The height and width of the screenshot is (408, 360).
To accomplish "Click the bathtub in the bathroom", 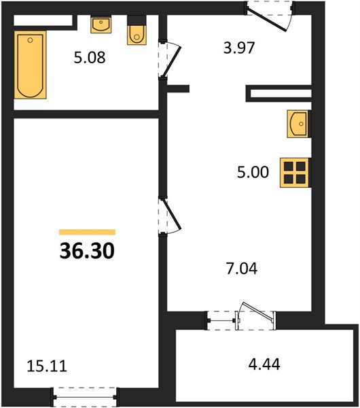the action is tap(30, 65).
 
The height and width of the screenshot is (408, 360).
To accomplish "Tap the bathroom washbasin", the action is tap(101, 24).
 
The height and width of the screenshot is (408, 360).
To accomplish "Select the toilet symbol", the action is tap(137, 30).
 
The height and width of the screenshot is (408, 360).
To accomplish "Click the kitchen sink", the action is tap(298, 124).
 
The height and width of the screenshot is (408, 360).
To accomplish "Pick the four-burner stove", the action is tap(295, 173).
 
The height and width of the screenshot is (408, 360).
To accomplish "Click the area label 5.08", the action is tap(90, 58).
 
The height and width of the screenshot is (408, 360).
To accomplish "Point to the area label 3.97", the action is tap(239, 48).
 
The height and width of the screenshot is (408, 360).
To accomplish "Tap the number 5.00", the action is tap(253, 172).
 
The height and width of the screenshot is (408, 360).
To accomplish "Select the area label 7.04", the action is tap(242, 269).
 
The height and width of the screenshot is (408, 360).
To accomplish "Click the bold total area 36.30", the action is tap(87, 251).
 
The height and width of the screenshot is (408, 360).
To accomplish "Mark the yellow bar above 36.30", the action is tap(87, 232).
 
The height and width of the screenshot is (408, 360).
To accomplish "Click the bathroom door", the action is tap(170, 60).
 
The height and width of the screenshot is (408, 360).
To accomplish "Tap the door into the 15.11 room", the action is tap(170, 217).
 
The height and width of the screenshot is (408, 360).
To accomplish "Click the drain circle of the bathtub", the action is tap(30, 40).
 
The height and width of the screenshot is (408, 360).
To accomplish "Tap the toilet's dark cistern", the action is tap(137, 20).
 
